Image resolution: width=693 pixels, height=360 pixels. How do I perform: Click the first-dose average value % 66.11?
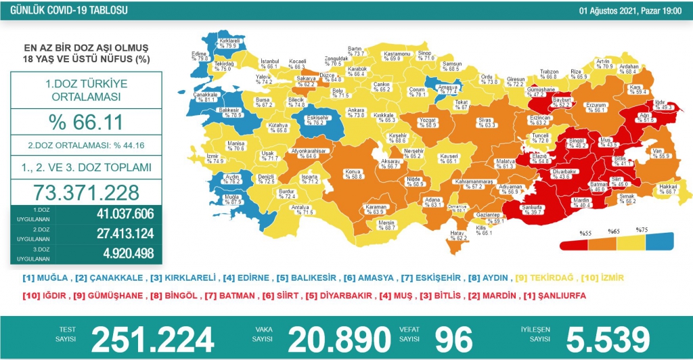85,123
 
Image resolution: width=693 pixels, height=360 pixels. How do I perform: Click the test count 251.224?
152,338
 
